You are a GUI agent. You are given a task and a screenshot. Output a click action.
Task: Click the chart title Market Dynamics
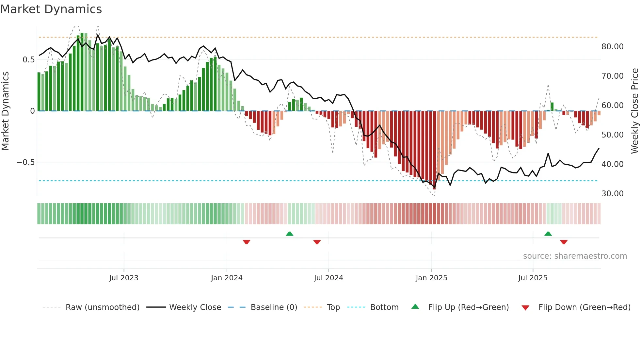coord(51,9)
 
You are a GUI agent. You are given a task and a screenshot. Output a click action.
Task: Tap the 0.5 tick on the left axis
coord(28,59)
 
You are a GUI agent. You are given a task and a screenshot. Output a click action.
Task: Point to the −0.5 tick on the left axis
coord(25,162)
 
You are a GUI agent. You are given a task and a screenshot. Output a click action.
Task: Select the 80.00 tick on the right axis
coord(612,46)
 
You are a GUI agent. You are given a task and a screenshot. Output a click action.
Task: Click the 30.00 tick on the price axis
coord(612,193)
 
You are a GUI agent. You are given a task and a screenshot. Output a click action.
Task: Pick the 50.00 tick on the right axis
coord(612,135)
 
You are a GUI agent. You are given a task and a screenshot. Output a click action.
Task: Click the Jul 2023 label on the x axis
coord(123,278)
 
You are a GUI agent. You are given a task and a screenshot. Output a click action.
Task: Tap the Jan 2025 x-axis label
coord(431,278)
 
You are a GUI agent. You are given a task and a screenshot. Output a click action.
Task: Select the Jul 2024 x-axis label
coord(328,278)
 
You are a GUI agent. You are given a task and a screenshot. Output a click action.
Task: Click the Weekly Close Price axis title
coord(634,111)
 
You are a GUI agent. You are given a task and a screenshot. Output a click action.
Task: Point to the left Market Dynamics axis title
coord(5,111)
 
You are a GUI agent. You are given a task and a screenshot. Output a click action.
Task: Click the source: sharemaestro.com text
coord(575,256)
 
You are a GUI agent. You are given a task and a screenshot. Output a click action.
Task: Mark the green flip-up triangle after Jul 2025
coord(548,234)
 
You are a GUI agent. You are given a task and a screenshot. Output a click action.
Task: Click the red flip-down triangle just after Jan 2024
coord(247,242)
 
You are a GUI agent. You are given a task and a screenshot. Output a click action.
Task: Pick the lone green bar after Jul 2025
coord(552,107)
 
